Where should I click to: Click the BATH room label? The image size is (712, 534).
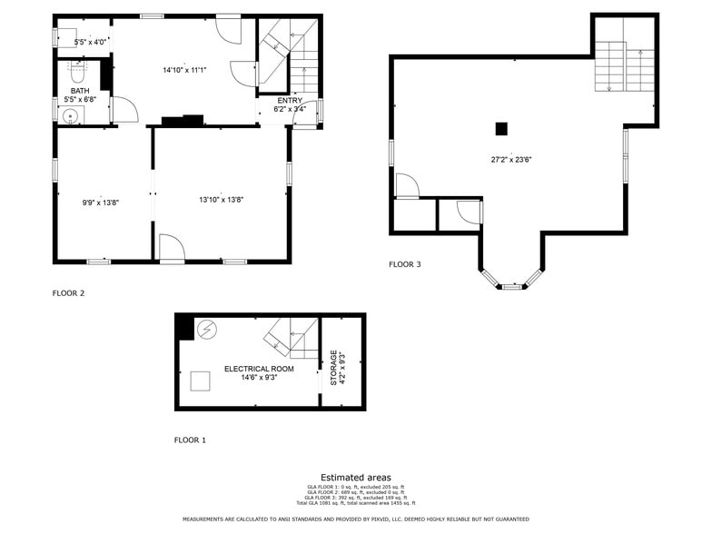[x=81, y=91]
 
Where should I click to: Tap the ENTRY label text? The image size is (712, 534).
[x=290, y=100]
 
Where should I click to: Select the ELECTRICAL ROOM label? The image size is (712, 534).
[x=259, y=369]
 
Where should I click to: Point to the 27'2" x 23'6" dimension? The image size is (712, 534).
[x=510, y=159]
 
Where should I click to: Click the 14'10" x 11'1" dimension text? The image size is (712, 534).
[x=184, y=70]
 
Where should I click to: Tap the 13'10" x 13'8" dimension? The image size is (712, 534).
[x=222, y=200]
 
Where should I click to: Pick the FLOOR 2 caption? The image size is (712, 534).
[x=68, y=293]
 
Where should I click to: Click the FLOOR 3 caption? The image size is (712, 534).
[x=404, y=264]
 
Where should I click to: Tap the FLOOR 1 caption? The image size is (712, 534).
[x=190, y=440]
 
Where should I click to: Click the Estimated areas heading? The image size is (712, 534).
[x=356, y=478]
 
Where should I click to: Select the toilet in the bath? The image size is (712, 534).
[x=76, y=68]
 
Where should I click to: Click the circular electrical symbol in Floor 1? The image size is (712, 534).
[x=207, y=330]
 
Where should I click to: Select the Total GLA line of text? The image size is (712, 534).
[x=356, y=502]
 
